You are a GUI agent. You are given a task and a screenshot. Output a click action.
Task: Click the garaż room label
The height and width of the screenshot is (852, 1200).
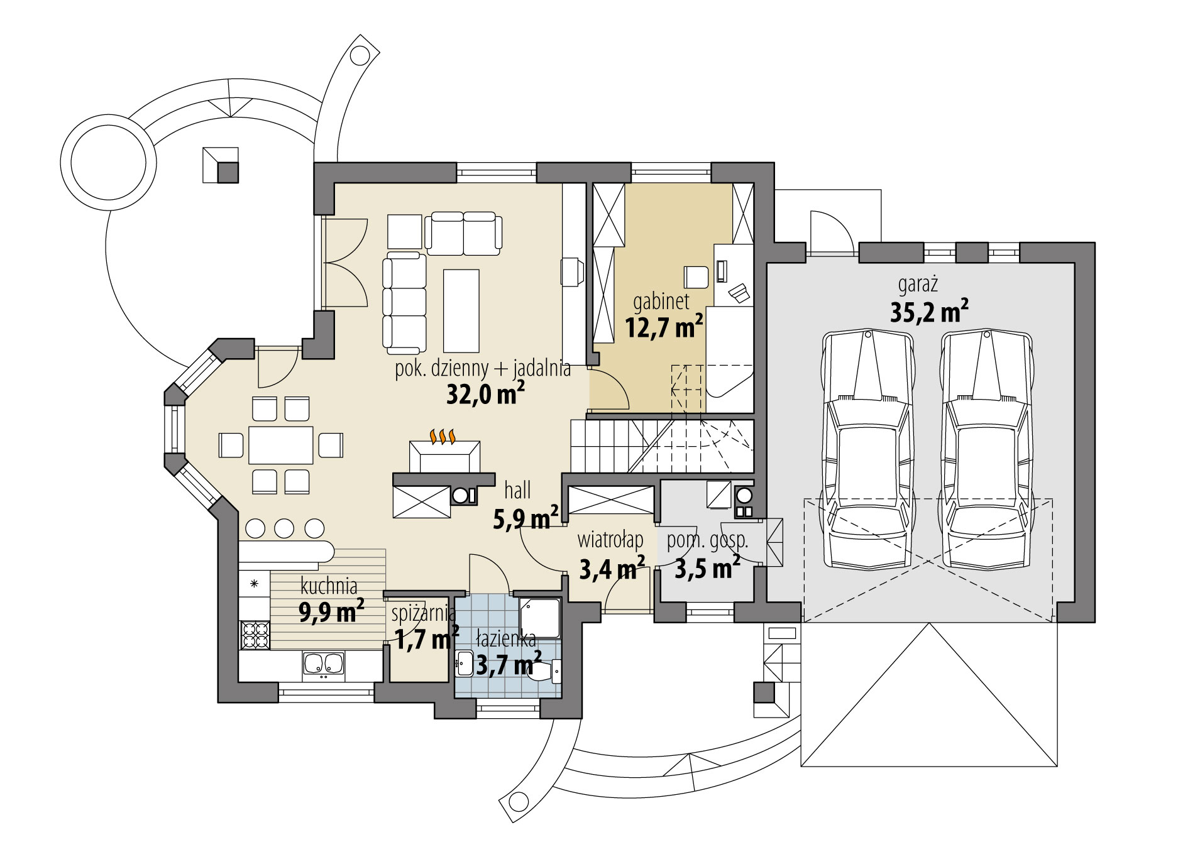tap(918, 285)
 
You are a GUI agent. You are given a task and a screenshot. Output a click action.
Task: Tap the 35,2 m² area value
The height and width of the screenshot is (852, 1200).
tap(928, 312)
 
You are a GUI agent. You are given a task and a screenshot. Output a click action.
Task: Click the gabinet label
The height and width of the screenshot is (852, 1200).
tap(661, 302)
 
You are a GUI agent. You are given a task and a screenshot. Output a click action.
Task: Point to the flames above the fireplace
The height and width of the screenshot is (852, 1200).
tap(442, 436)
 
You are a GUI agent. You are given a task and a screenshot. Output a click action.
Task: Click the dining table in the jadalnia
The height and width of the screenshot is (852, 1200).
tap(280, 445)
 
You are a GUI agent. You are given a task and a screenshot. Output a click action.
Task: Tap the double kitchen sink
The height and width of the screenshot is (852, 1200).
tap(323, 665)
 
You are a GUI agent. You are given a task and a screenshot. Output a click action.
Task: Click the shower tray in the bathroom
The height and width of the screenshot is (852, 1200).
tap(540, 618)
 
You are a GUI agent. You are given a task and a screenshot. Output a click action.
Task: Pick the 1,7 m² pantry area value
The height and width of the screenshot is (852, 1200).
tap(425, 640)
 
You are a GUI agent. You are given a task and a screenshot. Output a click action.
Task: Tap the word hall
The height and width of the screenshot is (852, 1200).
tap(517, 490)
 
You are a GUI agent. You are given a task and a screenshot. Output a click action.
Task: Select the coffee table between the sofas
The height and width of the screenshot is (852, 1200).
tap(461, 310)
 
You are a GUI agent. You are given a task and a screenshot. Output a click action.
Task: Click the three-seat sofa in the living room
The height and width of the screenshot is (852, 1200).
tap(404, 302)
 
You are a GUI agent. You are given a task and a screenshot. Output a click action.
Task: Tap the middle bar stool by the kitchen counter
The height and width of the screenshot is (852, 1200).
tap(284, 528)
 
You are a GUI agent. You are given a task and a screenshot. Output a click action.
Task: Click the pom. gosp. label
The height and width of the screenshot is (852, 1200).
tap(707, 540)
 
